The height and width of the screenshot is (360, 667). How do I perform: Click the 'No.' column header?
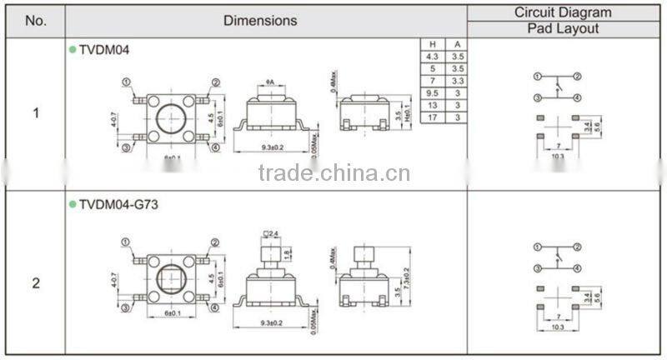click(x=35, y=21)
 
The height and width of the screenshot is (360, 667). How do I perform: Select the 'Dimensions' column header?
click(x=259, y=21)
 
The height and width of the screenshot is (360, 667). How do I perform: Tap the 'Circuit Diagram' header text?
click(x=562, y=12)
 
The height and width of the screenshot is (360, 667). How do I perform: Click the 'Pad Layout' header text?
click(x=562, y=28)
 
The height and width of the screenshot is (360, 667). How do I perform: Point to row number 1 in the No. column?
click(x=35, y=112)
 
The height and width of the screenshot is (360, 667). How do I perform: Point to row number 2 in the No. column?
click(x=35, y=282)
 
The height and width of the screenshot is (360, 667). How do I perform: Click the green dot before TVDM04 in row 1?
click(x=72, y=49)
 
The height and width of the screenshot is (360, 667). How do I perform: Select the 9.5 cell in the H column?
click(x=433, y=94)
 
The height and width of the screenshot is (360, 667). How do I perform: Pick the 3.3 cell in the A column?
click(x=456, y=82)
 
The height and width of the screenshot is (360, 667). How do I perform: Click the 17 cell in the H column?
click(x=433, y=118)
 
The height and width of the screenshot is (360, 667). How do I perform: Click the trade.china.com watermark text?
click(x=333, y=173)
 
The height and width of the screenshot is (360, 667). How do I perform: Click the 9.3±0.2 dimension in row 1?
click(x=272, y=147)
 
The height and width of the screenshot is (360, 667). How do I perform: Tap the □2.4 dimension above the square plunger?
click(x=271, y=232)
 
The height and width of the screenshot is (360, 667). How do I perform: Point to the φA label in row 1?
click(x=271, y=81)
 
